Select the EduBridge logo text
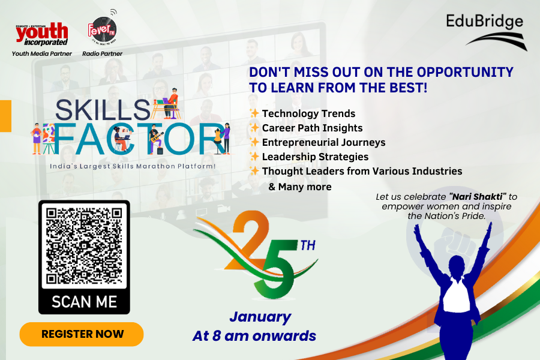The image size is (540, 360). point(484,23)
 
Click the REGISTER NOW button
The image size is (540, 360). point(82,334)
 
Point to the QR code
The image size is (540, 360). point(84,246)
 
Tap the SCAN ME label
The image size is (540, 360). point(84,301)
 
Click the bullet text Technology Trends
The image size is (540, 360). point(308,113)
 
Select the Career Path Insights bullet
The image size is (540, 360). point(312,128)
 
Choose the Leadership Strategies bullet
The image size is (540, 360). point(315,157)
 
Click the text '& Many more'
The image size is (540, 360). point(299,187)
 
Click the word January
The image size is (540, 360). point(260,317)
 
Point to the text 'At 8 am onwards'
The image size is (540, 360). point(254,336)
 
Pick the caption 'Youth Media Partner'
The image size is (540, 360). point(42,54)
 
